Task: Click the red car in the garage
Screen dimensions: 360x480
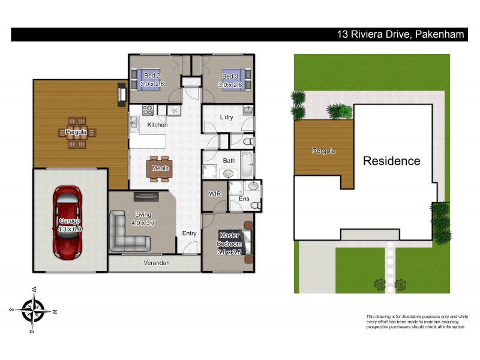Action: coord(67,221)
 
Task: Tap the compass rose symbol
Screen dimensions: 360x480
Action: coord(34,310)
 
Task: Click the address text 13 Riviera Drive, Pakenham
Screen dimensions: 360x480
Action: coord(400,34)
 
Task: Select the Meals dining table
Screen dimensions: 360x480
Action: coord(160,168)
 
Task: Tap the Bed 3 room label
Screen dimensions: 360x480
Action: coord(231,80)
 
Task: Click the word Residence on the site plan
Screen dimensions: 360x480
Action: coord(391,161)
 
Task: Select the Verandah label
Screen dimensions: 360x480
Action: coord(156,263)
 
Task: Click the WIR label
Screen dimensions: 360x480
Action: coord(215,194)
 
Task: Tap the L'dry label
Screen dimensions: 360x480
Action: coord(226,117)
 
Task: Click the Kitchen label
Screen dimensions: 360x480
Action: coord(157,125)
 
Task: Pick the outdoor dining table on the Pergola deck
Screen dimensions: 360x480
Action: coord(76,132)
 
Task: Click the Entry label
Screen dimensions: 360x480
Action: coord(189,233)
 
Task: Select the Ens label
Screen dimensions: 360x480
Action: coord(244,199)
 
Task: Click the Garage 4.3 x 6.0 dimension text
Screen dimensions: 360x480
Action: coord(70,225)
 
